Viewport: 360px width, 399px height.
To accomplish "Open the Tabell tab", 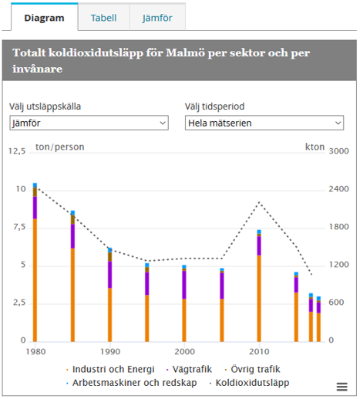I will (x=103, y=16).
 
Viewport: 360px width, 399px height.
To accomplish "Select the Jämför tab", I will (x=157, y=16).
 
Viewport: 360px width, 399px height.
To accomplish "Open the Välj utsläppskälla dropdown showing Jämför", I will (x=88, y=123).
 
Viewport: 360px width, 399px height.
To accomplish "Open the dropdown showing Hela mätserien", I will (x=264, y=123).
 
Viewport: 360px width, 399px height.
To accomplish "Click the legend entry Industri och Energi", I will (x=110, y=369).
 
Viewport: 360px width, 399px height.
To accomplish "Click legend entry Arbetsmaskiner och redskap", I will (x=129, y=382).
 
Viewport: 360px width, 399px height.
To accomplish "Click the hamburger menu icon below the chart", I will (x=341, y=387).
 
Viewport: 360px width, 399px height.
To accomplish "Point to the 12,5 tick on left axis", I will (x=17, y=151).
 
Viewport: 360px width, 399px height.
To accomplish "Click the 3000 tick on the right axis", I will (x=338, y=151).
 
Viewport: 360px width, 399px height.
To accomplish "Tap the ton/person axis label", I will (x=59, y=147).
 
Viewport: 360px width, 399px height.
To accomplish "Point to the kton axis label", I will (x=315, y=147).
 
